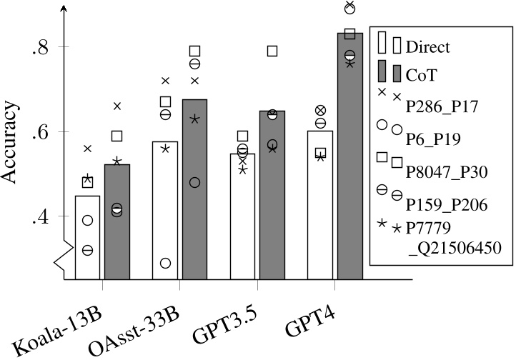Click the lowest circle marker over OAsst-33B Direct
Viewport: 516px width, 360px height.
[x=165, y=264]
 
